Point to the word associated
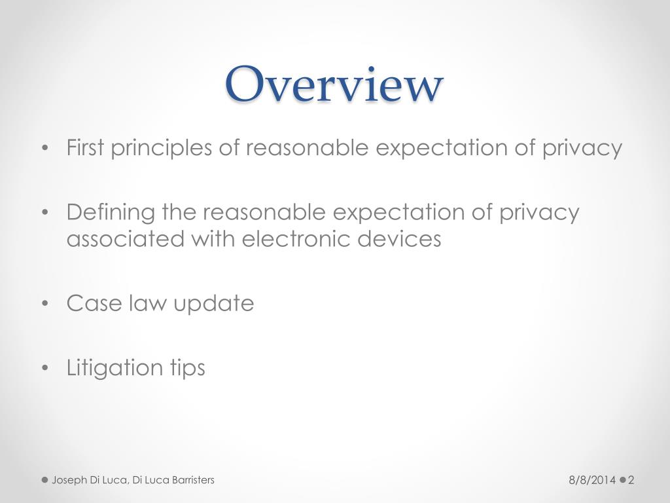tap(125, 239)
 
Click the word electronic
tap(298, 239)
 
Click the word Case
tap(92, 303)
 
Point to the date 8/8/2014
tap(591, 481)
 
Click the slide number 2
tap(631, 481)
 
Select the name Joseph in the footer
tap(69, 481)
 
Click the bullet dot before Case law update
tap(44, 304)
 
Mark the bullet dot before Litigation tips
tap(44, 368)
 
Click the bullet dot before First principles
tap(44, 149)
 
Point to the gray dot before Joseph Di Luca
tap(45, 480)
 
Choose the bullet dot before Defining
tap(44, 213)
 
